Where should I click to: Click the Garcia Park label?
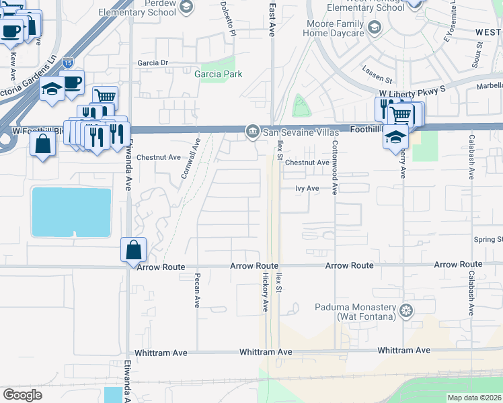[x=218, y=74]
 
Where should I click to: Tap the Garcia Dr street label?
[x=152, y=63]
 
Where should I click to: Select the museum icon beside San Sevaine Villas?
[x=252, y=130]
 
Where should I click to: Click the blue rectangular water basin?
[x=71, y=212]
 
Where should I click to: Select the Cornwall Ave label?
[x=190, y=159]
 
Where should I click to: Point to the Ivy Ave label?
[x=307, y=189]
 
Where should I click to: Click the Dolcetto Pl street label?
[x=228, y=17]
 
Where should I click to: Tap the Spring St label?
[x=488, y=239]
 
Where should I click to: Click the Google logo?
[x=22, y=394]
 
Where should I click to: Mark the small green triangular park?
[x=301, y=107]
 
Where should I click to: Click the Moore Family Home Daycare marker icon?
[x=375, y=28]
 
